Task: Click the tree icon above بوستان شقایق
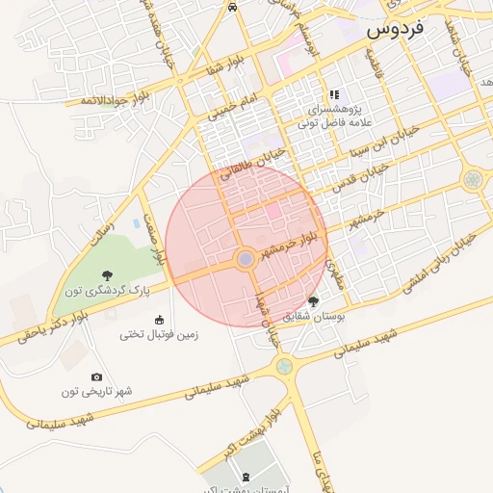[x=313, y=301]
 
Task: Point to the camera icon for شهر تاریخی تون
[x=96, y=376]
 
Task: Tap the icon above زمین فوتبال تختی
[x=159, y=320]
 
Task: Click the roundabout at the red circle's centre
[x=246, y=259]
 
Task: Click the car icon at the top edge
[x=233, y=6]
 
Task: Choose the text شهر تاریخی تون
[x=97, y=392]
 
